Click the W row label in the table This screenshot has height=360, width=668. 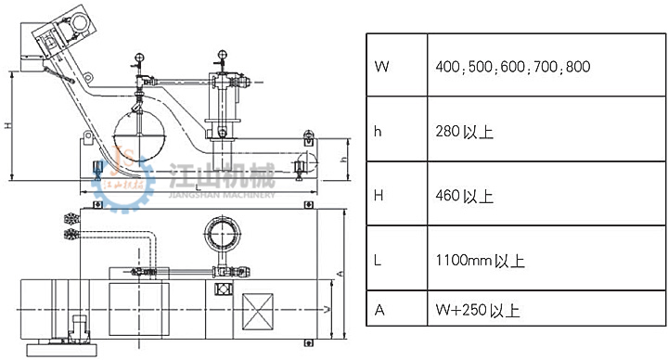pos(381,67)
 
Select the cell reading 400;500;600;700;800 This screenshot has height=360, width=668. pos(513,67)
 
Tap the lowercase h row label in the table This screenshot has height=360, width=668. pos(378,132)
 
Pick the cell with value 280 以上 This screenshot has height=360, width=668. pos(465,132)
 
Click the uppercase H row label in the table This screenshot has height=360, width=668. pos(379,196)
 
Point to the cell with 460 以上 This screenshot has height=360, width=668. pos(465,196)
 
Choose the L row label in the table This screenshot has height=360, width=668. pos(378,261)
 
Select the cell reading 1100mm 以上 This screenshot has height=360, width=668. pos(481,261)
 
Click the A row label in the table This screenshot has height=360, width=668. pos(379,310)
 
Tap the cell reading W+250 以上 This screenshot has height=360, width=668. pos(478,310)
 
